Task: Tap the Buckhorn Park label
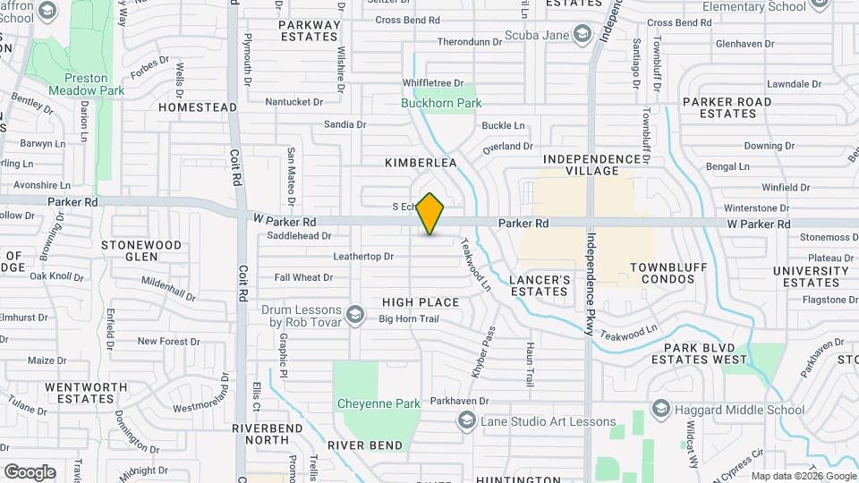[441, 103]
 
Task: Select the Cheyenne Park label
[378, 403]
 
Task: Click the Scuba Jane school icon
[583, 35]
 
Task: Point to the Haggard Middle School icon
[661, 409]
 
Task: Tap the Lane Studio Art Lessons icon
[466, 421]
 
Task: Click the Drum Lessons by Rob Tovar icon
[355, 314]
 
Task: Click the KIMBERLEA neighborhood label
[421, 163]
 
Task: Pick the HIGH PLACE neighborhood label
[421, 302]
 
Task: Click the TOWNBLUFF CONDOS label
[662, 273]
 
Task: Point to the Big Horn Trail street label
[407, 318]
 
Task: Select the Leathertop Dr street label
[363, 257]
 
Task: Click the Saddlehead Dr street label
[299, 236]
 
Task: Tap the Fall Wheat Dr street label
[303, 277]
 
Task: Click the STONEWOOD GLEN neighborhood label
[141, 250]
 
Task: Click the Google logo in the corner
[30, 472]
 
